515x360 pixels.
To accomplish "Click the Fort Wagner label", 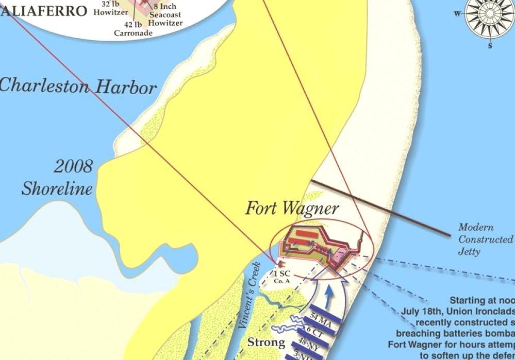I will point(292,209).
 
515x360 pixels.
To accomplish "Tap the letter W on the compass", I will point(457,14).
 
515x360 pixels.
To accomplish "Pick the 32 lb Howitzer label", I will point(111,8).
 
